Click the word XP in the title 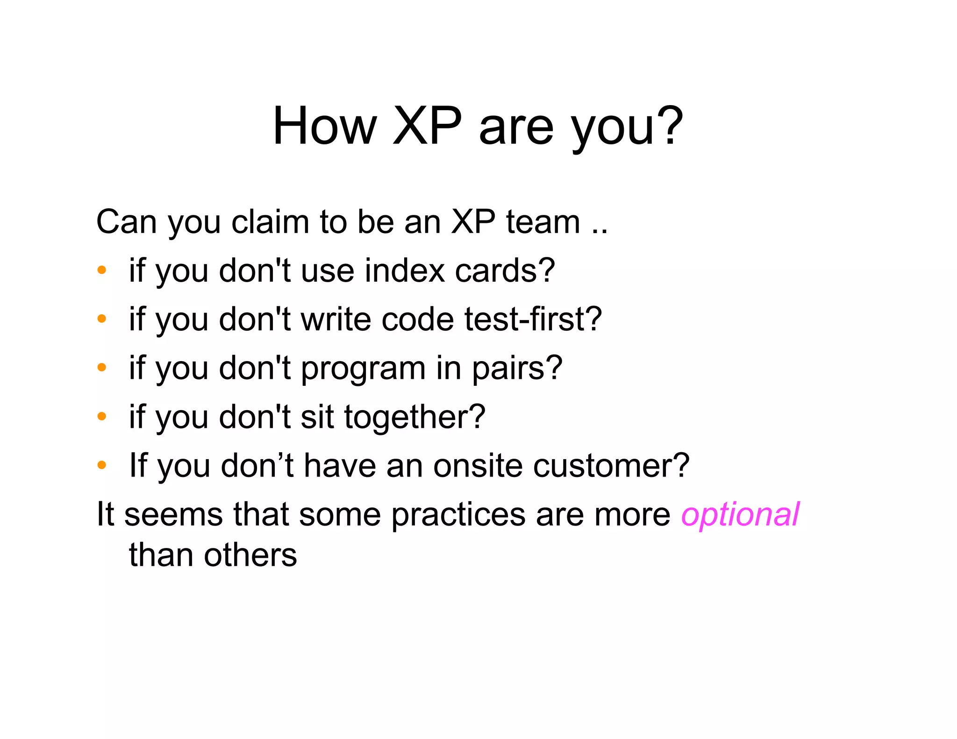click(x=427, y=126)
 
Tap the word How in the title click(x=324, y=126)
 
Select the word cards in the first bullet click(x=505, y=271)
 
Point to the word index click(x=405, y=271)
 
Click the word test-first click(x=533, y=320)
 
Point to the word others click(x=250, y=555)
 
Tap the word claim click(x=270, y=222)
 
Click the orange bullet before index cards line click(x=102, y=270)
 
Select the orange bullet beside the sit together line click(x=102, y=416)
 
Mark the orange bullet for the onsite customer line click(x=102, y=465)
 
